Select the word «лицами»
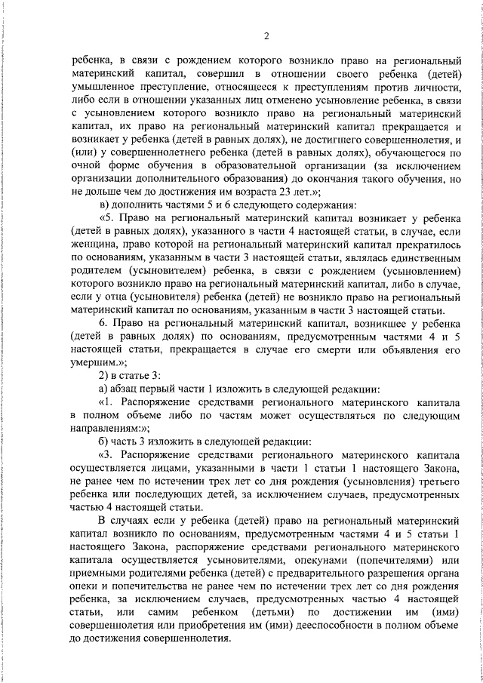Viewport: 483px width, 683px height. click(170, 466)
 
